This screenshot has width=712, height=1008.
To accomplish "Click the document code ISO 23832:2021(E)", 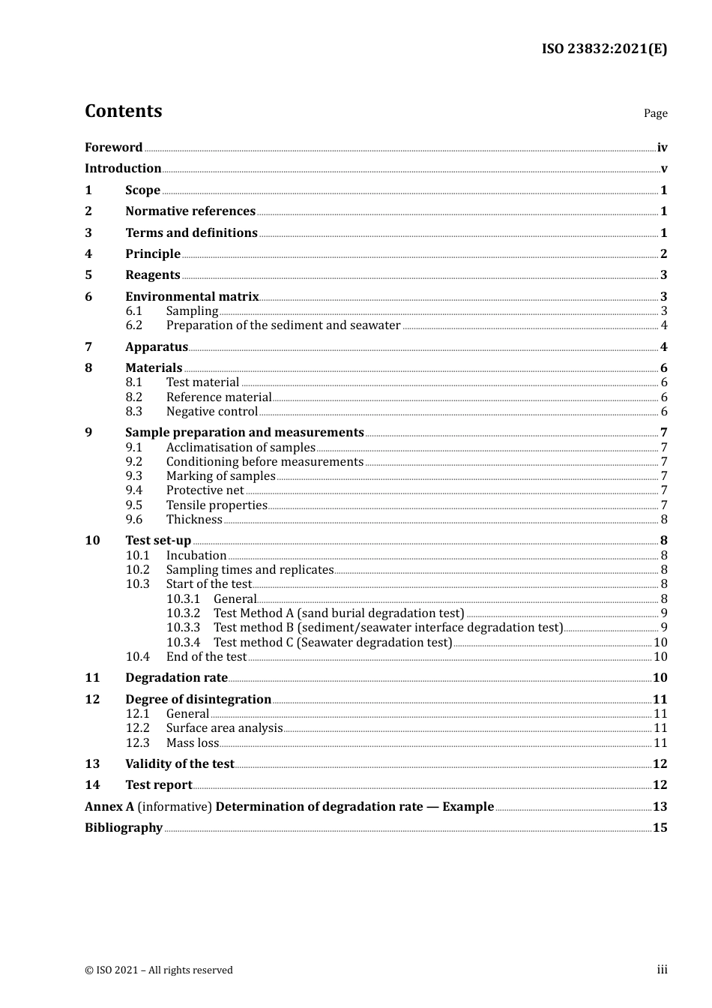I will (604, 49).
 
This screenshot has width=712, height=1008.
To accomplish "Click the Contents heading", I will (123, 111).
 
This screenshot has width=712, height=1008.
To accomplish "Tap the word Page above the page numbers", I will (655, 113).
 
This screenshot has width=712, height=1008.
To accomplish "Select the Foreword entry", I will (113, 148).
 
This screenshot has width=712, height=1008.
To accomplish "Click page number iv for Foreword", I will (662, 148).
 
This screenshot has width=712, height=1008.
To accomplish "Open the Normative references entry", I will (190, 211).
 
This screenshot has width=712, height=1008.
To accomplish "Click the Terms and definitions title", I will (191, 233).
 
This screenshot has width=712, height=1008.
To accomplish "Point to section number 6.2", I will (133, 325).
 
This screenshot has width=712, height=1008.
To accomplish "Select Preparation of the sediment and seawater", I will (283, 325).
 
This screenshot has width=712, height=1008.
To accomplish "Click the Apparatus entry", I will (157, 347).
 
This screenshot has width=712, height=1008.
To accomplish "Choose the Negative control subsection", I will (211, 412).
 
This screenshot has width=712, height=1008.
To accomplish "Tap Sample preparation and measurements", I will (244, 433).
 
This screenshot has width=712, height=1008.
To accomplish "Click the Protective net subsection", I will (205, 490).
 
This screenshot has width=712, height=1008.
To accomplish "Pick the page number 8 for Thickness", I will (664, 520).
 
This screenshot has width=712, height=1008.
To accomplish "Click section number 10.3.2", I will (183, 613).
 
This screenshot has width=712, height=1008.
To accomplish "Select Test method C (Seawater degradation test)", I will (333, 643).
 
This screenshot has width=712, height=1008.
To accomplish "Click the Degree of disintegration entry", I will (198, 700).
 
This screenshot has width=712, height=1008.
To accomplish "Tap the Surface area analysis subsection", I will (224, 728).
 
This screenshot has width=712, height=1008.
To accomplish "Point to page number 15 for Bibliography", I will (660, 828).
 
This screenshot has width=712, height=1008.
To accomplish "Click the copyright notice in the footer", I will (159, 970).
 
